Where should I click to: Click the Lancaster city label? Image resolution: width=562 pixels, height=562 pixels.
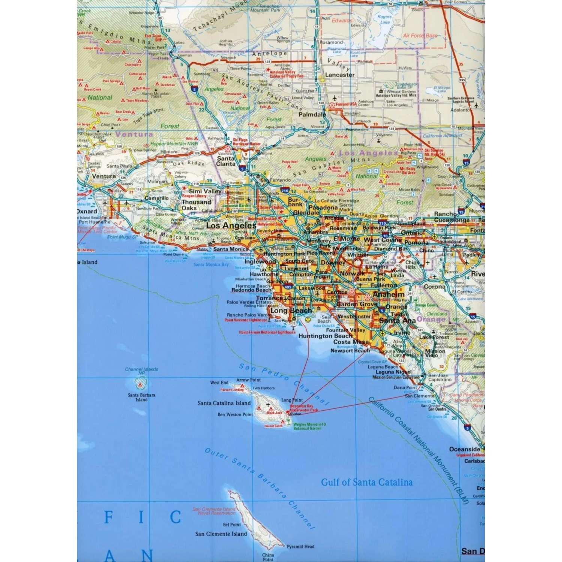click(x=339, y=75)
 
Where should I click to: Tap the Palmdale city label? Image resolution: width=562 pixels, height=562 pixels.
click(x=312, y=115)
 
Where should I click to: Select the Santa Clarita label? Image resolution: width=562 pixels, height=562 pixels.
click(x=226, y=161)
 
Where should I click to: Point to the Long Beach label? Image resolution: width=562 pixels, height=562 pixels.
click(x=291, y=311)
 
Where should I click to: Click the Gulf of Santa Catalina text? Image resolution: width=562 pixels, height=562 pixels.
click(x=367, y=482)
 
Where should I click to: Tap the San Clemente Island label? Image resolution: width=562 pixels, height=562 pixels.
click(x=221, y=534)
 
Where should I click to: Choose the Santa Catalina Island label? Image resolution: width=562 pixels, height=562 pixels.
click(x=224, y=403)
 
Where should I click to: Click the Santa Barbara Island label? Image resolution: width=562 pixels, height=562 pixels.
click(x=141, y=397)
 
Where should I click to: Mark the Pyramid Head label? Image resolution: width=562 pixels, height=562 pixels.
click(x=300, y=547)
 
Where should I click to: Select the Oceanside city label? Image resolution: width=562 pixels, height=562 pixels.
click(x=465, y=449)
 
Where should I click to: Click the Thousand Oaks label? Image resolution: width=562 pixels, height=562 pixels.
click(x=196, y=205)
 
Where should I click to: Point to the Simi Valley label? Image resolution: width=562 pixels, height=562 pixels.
click(x=205, y=191)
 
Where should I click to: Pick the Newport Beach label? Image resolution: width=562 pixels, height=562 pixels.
click(x=350, y=351)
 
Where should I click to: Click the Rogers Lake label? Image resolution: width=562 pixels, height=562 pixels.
click(x=384, y=19)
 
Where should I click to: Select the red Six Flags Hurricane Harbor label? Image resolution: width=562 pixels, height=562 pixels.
click(x=246, y=142)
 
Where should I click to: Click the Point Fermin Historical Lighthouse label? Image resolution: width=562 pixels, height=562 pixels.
click(x=267, y=332)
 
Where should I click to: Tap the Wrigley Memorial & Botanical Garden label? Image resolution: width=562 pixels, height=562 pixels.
click(x=309, y=426)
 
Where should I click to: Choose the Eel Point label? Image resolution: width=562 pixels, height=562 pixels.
click(x=232, y=525)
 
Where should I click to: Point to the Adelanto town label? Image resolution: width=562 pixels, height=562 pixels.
click(x=460, y=110)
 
